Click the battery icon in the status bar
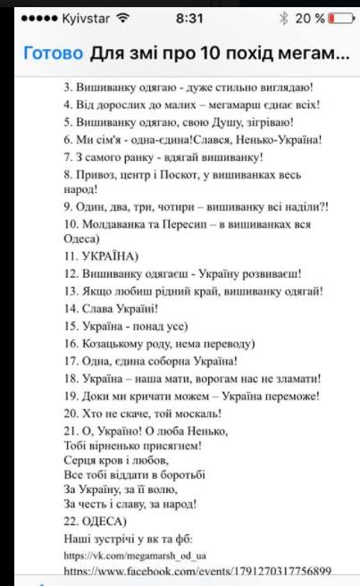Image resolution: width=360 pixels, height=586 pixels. (x=338, y=18)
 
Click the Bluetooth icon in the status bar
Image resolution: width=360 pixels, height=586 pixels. (x=283, y=18)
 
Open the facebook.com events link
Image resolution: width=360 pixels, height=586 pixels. (x=197, y=570)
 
